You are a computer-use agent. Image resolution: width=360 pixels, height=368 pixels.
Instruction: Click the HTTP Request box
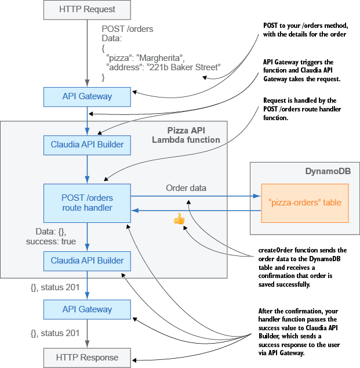(87, 9)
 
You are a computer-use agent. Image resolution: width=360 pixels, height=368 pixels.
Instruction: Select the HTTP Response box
(87, 358)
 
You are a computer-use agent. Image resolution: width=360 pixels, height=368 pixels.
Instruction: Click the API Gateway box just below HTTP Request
(87, 96)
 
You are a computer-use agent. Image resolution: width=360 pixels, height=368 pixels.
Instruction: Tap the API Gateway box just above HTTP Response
(87, 309)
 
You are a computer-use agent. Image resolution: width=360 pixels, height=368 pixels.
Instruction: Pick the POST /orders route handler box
(87, 203)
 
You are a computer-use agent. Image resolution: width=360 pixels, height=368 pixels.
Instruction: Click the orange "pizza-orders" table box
(305, 203)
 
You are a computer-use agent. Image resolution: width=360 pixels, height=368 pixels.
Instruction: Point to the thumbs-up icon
(179, 219)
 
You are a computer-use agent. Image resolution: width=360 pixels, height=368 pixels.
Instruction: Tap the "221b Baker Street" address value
(185, 68)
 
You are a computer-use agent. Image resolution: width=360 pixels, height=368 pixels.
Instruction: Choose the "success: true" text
(52, 240)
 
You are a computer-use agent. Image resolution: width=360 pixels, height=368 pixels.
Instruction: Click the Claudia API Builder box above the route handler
(87, 145)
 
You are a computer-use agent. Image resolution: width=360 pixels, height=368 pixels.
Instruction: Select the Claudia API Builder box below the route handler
(87, 261)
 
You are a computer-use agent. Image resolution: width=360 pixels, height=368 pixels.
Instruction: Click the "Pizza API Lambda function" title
(186, 135)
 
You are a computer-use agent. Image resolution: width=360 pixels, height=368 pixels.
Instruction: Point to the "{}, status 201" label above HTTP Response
(55, 333)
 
